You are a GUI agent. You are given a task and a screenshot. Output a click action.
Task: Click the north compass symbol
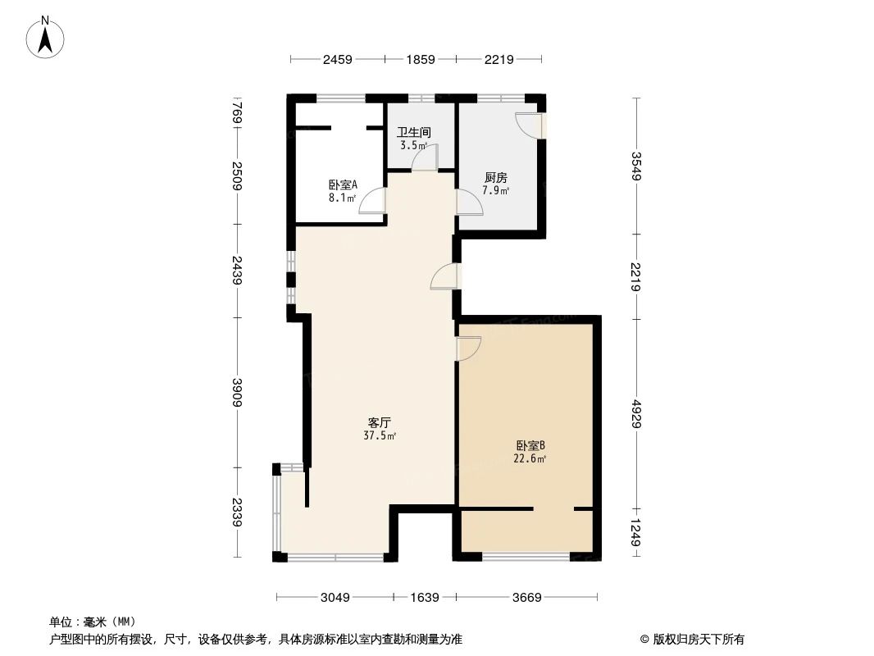46,36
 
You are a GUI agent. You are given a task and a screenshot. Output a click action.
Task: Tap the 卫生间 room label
414,132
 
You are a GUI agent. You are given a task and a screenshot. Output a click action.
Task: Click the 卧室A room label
343,184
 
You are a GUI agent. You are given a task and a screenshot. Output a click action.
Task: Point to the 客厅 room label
379,423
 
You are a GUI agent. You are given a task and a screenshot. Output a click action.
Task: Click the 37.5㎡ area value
380,436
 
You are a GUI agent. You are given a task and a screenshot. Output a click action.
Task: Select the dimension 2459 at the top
337,59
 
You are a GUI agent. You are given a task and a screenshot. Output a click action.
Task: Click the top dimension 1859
420,59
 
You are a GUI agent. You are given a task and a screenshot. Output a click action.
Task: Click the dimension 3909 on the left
237,393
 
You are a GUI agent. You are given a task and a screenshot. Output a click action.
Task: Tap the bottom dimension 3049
335,598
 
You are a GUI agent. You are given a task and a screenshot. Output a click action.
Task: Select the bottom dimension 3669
526,598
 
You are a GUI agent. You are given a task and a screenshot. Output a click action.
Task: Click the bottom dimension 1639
425,598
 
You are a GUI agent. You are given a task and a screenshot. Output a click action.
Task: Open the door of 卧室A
373,201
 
